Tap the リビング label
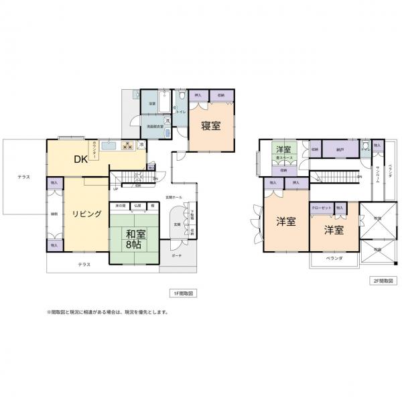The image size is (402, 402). tap(87, 214)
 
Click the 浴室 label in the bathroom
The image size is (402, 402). tap(152, 104)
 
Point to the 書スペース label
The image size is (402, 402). tap(285, 157)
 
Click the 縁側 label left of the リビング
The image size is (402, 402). tap(54, 214)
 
